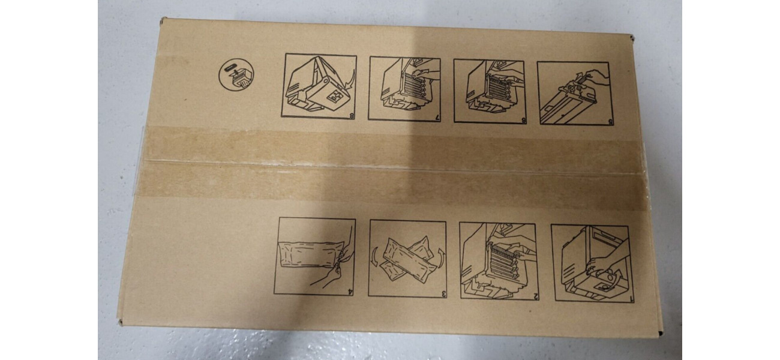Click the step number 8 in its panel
click(352, 116)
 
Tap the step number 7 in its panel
click(436, 118)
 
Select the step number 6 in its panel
click(523, 121)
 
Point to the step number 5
click(610, 122)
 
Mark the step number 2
click(535, 296)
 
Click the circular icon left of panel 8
click(236, 75)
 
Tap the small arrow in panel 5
click(578, 76)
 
